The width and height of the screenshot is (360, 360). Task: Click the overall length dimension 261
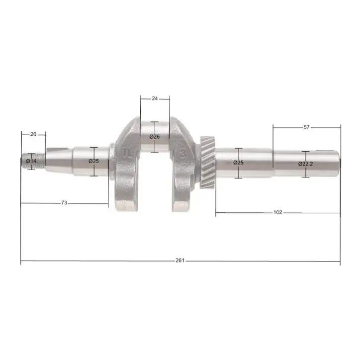180,261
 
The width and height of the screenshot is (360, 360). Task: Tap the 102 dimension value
278,212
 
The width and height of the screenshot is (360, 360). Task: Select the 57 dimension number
306,127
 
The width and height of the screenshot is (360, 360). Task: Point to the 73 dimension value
64,203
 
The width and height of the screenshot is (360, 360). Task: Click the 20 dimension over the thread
33,134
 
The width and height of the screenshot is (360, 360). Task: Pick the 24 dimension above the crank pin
155,98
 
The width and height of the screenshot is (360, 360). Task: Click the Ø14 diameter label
31,161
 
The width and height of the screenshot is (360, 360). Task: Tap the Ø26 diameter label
155,137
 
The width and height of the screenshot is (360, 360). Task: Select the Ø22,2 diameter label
306,164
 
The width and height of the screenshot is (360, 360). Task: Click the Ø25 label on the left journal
93,161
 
